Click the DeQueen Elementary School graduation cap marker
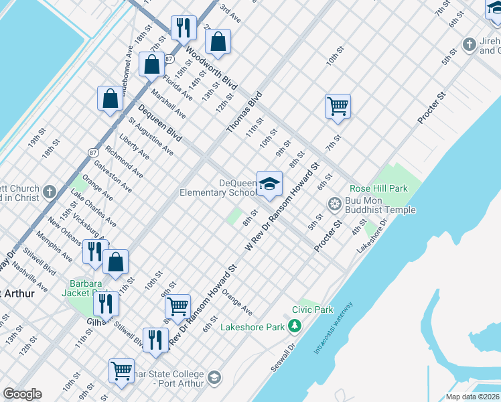[269, 185]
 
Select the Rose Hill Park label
[378, 189]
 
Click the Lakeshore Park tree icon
[294, 326]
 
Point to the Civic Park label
[312, 310]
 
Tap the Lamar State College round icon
[214, 378]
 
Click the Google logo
[22, 394]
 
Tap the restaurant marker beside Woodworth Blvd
[183, 28]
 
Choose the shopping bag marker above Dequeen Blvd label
[152, 65]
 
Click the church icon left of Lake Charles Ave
[50, 193]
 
